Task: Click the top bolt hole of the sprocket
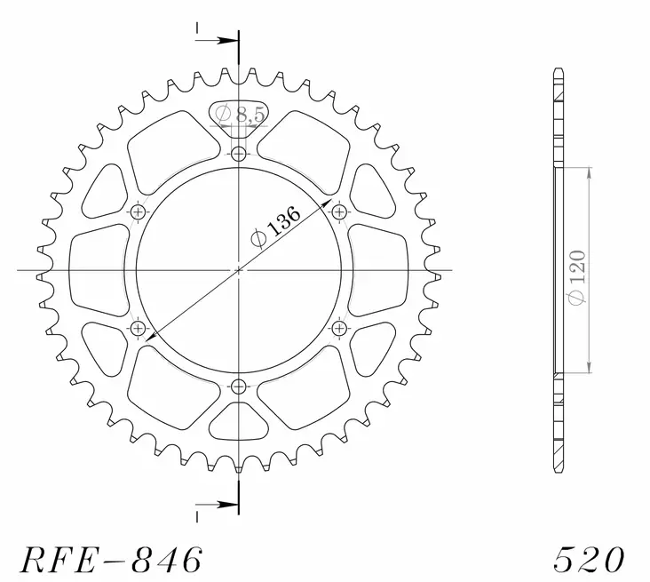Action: click(238, 155)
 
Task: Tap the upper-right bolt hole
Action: click(338, 212)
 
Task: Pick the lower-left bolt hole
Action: click(138, 329)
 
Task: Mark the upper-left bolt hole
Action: click(138, 212)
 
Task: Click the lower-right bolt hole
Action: click(338, 329)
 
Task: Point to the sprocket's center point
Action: click(238, 270)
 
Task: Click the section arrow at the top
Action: click(217, 39)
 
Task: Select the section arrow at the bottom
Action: click(217, 505)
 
